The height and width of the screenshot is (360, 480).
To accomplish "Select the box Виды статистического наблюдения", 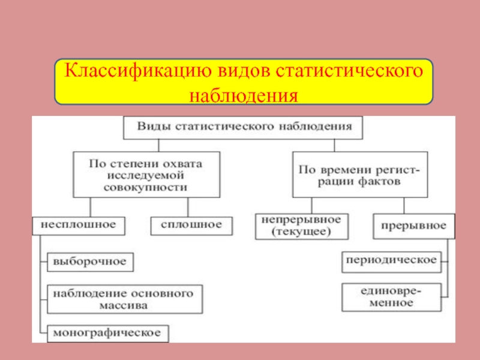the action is click(242, 127).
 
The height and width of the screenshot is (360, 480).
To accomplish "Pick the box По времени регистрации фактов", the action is click(359, 175).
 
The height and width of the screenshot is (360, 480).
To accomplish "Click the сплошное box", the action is click(191, 225).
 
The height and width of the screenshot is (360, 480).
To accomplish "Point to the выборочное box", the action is click(90, 262).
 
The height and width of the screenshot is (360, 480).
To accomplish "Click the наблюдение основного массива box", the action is click(123, 299).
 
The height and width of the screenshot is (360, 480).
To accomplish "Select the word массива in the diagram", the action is click(123, 305).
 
